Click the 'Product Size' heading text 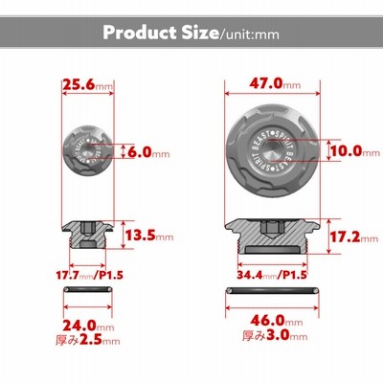click(x=161, y=33)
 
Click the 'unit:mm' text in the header click(x=249, y=34)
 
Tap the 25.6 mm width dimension click(x=88, y=85)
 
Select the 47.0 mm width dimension click(x=275, y=84)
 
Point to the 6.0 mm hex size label click(x=148, y=153)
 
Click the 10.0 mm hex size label click(x=354, y=151)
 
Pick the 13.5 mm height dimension click(x=149, y=236)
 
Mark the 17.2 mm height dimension click(x=353, y=237)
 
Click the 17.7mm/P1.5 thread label click(x=89, y=275)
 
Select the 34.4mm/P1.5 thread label click(x=272, y=275)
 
